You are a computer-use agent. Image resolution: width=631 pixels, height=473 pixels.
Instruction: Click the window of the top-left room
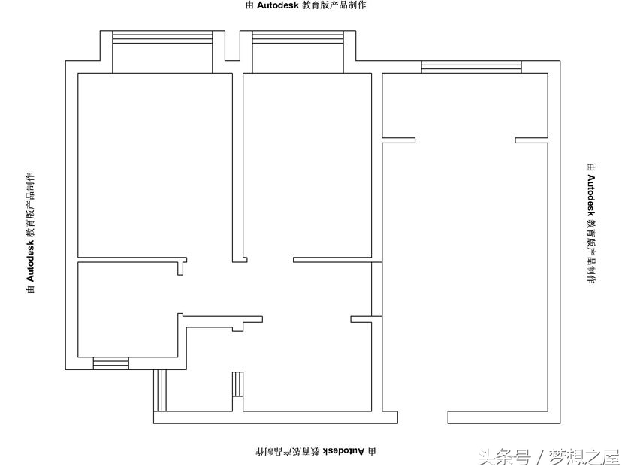tap(162, 37)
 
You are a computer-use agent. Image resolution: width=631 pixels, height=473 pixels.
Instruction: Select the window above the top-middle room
tap(297, 37)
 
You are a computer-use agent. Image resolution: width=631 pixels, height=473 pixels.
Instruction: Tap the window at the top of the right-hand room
tap(471, 67)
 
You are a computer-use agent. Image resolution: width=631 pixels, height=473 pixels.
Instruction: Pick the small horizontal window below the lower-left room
tap(111, 363)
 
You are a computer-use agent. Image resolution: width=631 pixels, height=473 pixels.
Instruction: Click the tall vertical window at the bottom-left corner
tap(160, 390)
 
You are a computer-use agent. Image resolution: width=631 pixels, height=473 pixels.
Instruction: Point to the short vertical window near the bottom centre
tap(238, 384)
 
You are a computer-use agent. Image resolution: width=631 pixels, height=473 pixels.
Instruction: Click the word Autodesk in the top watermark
tap(278, 5)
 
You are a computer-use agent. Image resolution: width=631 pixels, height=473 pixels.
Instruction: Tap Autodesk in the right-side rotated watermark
tap(591, 195)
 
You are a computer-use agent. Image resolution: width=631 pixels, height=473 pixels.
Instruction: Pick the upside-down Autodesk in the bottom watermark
tap(344, 451)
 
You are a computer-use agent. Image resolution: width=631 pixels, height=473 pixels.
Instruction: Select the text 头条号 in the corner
tap(503, 458)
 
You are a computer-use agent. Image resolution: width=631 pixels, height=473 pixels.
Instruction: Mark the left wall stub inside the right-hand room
tap(398, 140)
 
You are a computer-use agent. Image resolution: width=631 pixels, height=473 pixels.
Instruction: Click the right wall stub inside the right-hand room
tap(532, 140)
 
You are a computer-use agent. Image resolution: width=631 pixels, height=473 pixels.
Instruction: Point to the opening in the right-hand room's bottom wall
tap(423, 417)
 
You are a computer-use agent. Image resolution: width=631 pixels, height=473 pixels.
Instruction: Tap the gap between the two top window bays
tap(232, 46)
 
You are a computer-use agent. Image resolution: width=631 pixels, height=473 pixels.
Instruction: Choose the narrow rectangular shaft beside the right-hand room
tap(376, 289)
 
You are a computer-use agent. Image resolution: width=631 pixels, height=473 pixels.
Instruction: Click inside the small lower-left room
tap(128, 309)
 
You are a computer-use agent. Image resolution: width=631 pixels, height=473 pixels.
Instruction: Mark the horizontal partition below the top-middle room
tap(332, 260)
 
